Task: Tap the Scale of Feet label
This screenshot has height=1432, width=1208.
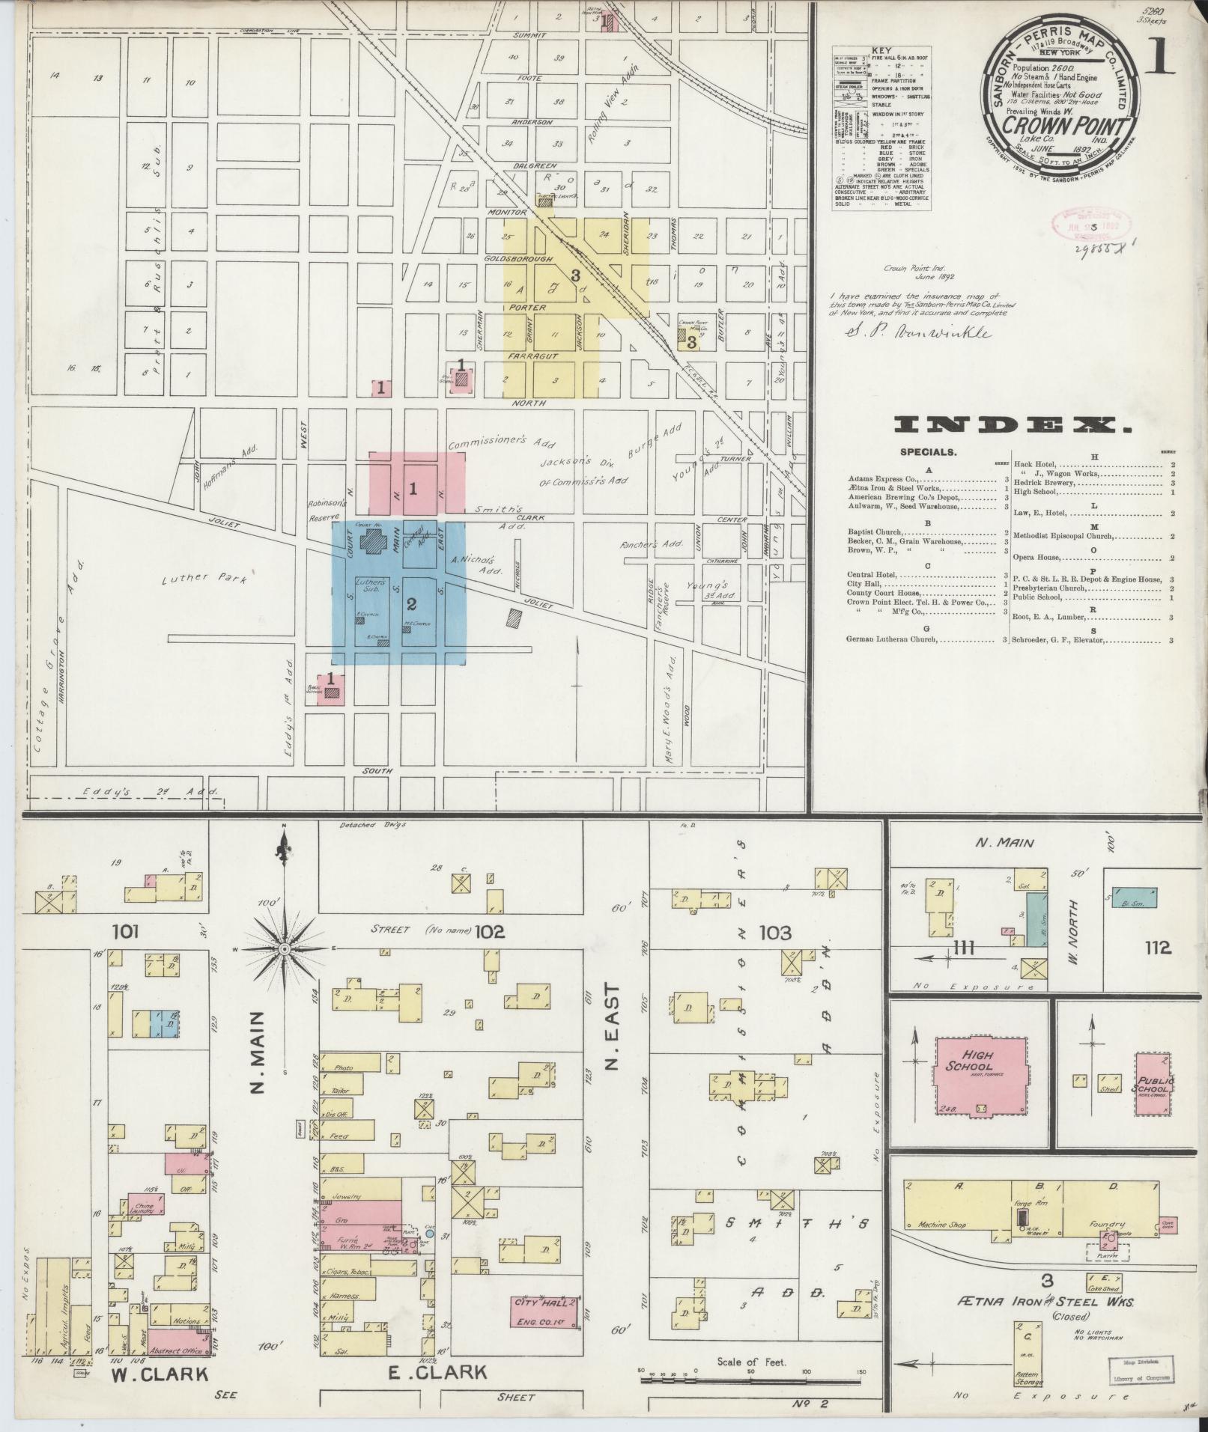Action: coord(751,1362)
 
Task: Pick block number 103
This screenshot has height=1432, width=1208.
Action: coord(774,933)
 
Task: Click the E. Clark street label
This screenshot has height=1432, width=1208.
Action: coord(437,1372)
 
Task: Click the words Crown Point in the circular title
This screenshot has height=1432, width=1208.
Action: coord(1064,127)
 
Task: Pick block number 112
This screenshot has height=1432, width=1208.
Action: coord(1156,948)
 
